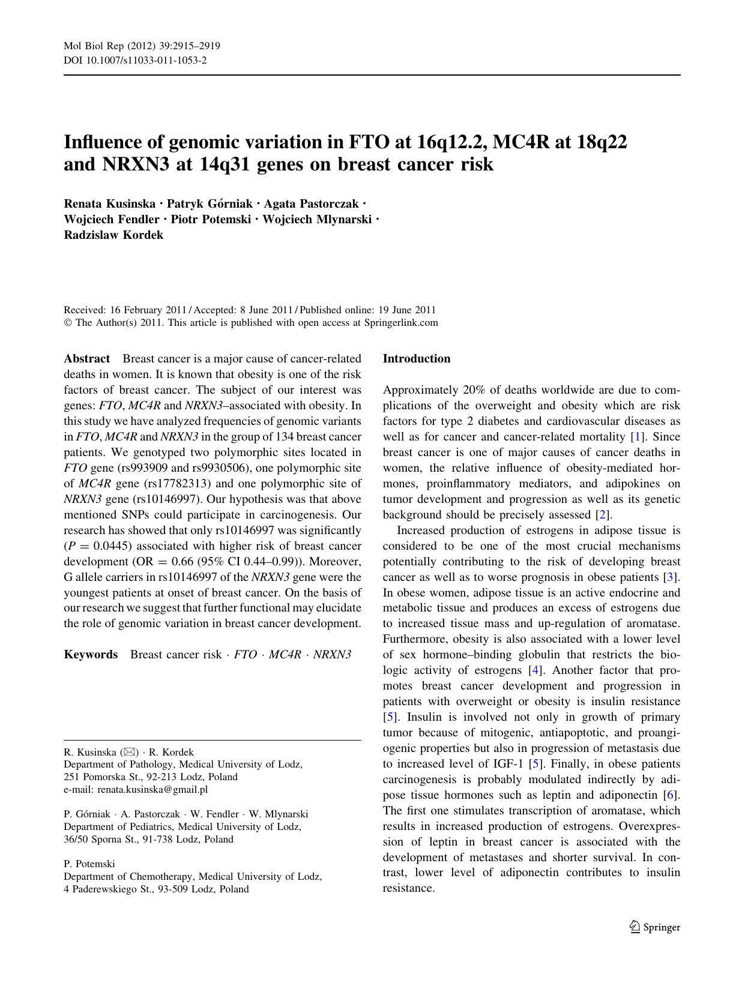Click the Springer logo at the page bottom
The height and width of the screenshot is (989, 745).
click(655, 927)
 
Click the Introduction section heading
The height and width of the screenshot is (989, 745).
click(417, 359)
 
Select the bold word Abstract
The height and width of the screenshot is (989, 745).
click(87, 359)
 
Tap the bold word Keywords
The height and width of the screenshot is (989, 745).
click(91, 654)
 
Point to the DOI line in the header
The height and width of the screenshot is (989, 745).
click(135, 60)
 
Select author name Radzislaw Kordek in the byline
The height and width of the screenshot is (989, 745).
click(113, 235)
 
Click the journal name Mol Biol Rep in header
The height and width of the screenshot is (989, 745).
click(90, 46)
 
